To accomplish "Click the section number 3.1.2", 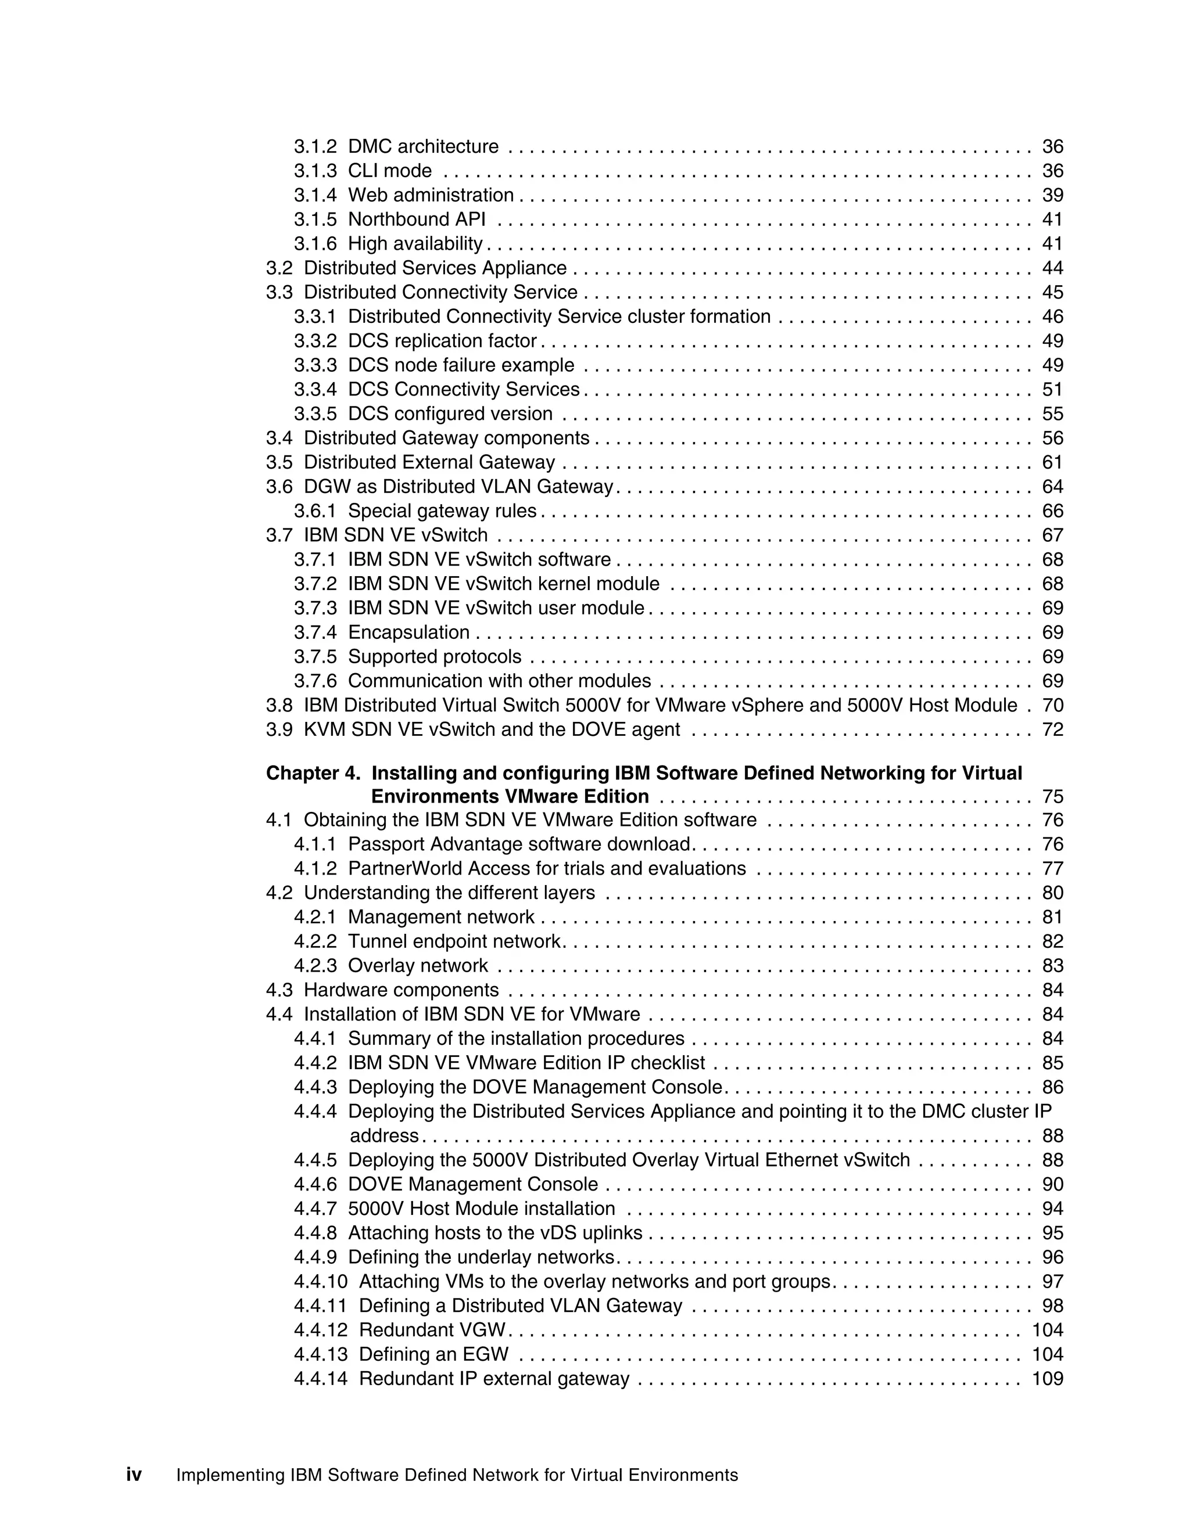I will point(315,146).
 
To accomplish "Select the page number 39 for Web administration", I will point(1052,195).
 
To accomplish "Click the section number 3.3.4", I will point(315,390).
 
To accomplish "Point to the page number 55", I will point(1052,413).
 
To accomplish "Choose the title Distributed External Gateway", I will point(429,462).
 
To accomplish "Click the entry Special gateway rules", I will point(442,511).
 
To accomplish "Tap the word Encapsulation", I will point(409,633).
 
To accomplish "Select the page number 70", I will point(1052,706).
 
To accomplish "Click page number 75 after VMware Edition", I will point(1052,797).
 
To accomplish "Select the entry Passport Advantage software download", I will point(519,844).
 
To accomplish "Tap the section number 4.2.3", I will point(315,966).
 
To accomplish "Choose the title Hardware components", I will point(401,990).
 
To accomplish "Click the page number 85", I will point(1052,1063).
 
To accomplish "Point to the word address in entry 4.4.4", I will point(384,1136).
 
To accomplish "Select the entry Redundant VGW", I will point(432,1331).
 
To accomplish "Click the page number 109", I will point(1048,1379).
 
